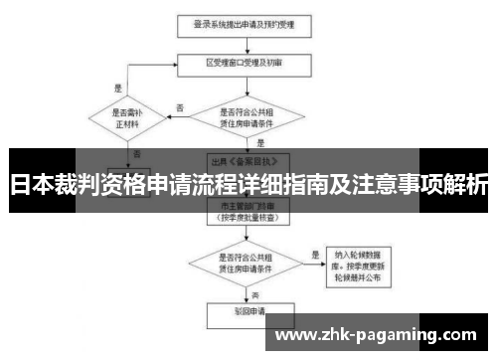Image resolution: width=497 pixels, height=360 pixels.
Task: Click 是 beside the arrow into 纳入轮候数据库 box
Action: tap(315, 254)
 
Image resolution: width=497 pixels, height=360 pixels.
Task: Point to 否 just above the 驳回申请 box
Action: tap(254, 295)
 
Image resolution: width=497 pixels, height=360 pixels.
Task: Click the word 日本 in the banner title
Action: tap(31, 185)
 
